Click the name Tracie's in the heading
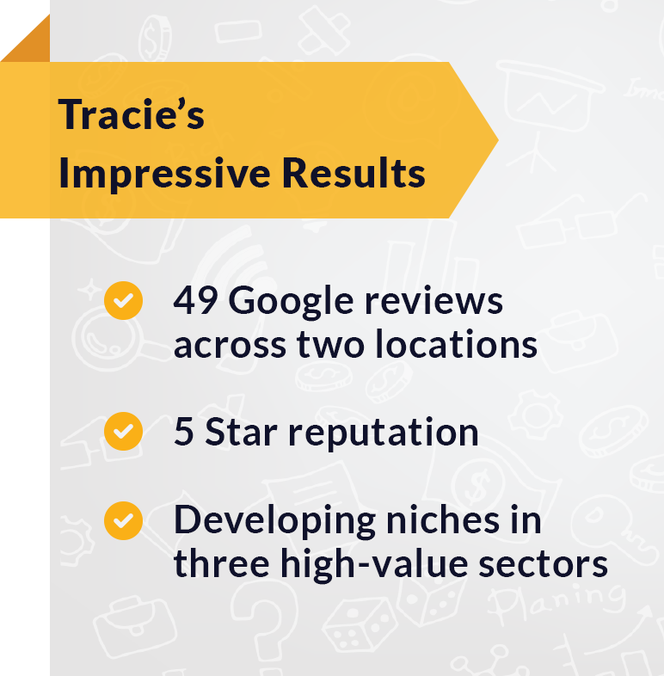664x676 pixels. click(x=131, y=114)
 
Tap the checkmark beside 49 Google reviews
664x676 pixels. click(x=123, y=302)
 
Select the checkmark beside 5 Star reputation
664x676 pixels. click(x=123, y=432)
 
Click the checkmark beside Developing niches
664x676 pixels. click(x=123, y=521)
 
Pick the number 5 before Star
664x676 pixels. click(x=183, y=432)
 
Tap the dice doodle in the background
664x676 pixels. click(x=354, y=631)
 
